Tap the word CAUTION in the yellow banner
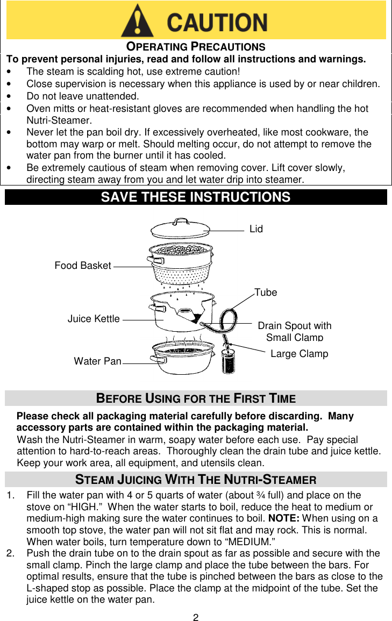coord(217,23)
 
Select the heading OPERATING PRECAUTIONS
coord(196,47)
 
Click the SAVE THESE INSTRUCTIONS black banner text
coord(196,197)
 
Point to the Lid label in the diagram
coord(256,229)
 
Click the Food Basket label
coord(83,266)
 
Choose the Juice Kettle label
coord(94,319)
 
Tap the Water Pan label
coord(97,361)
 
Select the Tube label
coord(266,292)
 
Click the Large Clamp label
coord(299,354)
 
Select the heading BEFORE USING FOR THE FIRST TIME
coord(196,398)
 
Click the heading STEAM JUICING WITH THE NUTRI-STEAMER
coord(196,480)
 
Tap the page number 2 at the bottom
coord(196,617)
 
